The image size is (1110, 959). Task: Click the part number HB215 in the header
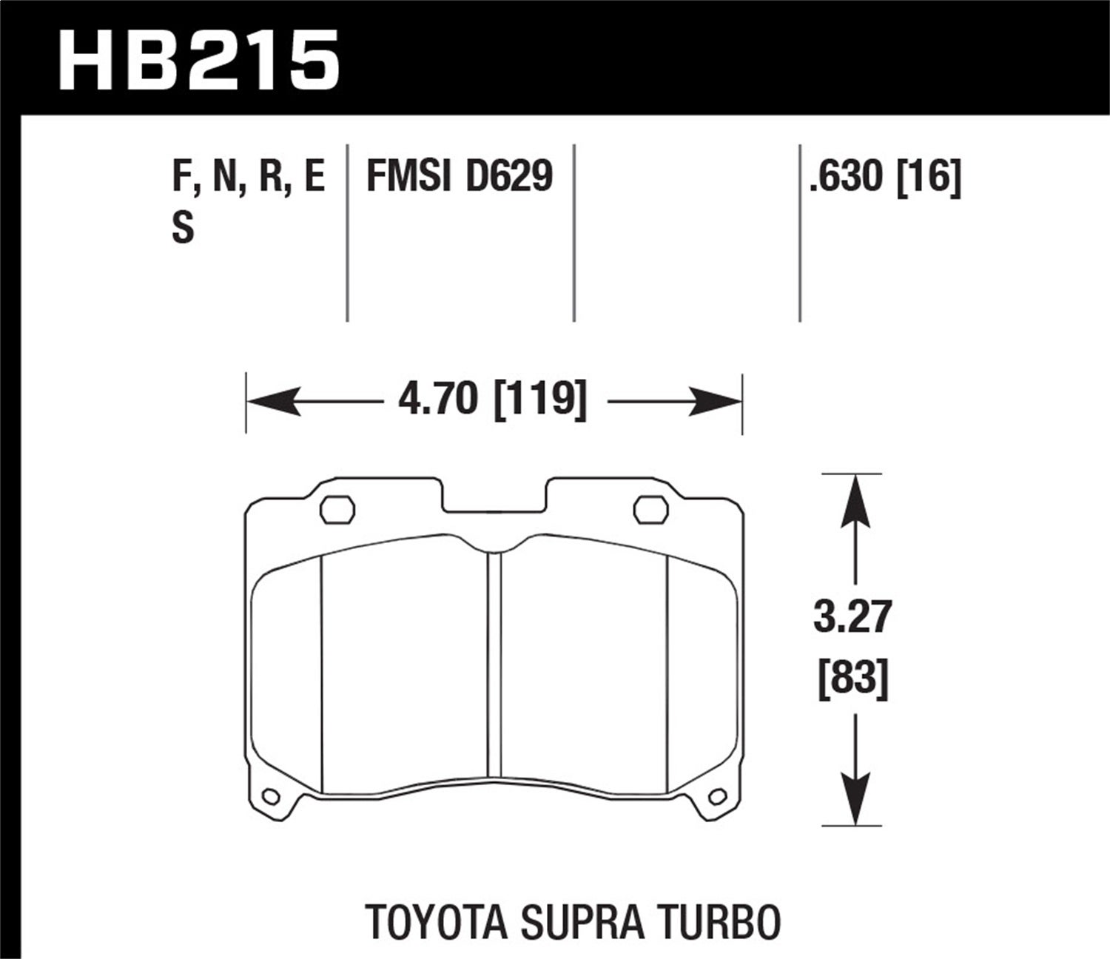199,58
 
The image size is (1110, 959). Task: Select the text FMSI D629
460,177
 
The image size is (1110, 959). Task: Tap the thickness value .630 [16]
885,177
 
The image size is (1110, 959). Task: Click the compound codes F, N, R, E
249,177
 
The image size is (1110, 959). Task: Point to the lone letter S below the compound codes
183,227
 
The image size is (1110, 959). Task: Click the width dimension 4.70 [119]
493,401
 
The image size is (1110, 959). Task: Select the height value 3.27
853,619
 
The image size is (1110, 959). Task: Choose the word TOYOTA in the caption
436,922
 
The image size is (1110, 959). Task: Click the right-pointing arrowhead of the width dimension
716,402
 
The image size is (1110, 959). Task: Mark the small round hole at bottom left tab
270,797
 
